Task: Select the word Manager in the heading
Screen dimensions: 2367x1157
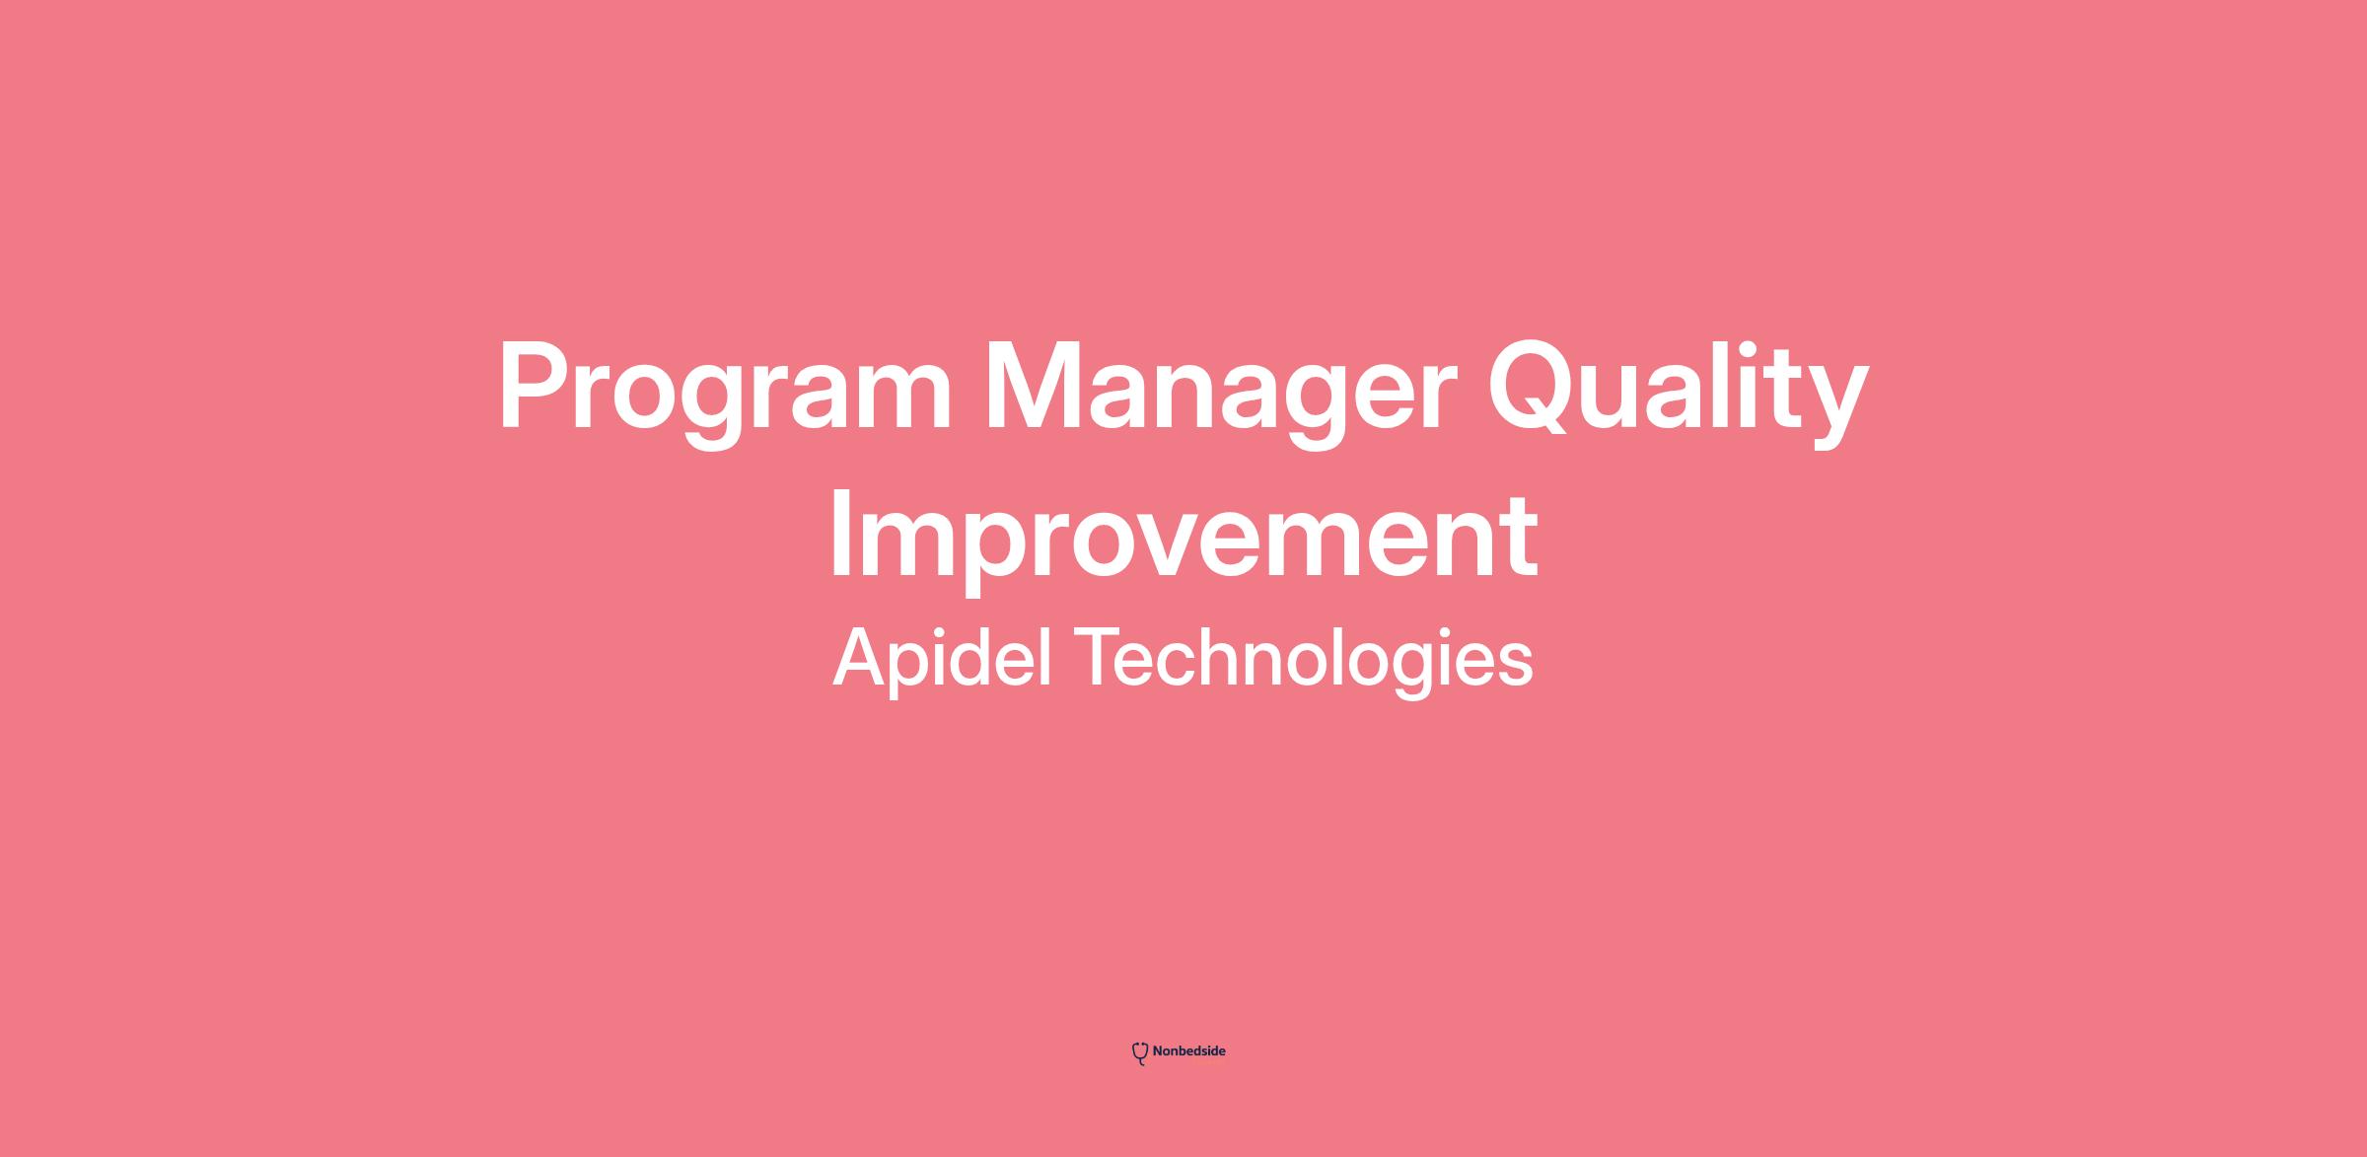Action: pos(1221,392)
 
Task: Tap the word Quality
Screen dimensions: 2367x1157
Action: pos(1678,392)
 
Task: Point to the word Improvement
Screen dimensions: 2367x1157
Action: pos(1183,541)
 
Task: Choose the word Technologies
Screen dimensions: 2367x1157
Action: pos(1303,658)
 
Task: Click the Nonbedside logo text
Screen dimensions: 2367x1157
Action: pos(1188,1051)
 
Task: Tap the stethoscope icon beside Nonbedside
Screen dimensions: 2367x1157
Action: pos(1140,1053)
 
